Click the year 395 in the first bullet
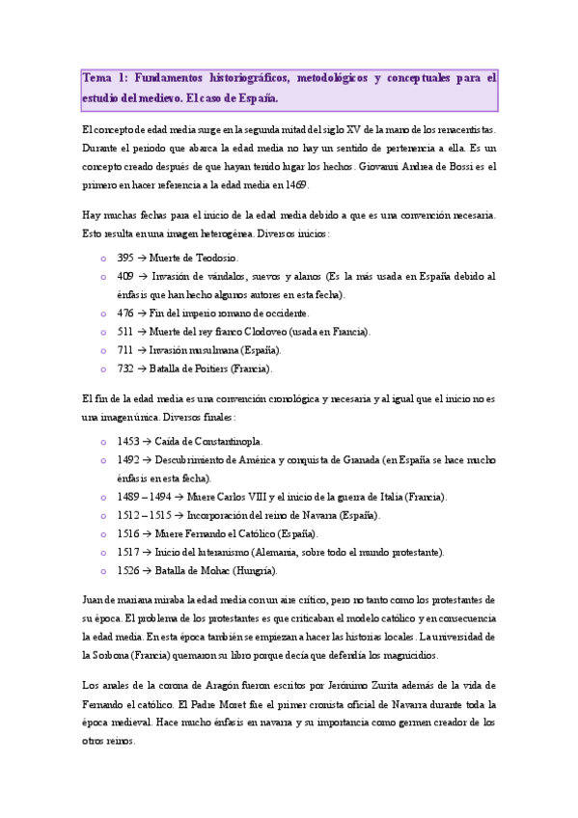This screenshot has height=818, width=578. [x=125, y=259]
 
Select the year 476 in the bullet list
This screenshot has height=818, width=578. [x=125, y=314]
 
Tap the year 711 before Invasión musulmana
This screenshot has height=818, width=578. [x=125, y=350]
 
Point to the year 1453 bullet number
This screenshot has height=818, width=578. [x=128, y=442]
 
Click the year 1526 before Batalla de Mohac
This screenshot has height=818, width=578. [x=128, y=570]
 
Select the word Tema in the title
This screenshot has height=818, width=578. [x=97, y=78]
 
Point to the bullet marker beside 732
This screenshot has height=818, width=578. [x=103, y=368]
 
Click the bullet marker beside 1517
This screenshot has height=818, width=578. [x=103, y=552]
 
